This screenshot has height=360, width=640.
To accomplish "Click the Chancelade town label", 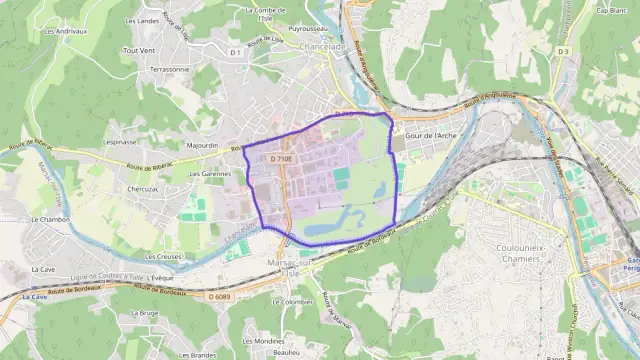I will click(316, 46).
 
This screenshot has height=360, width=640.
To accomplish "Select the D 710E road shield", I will click(282, 159).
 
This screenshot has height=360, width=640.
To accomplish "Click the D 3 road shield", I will click(563, 51).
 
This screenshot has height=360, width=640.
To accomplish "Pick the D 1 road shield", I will click(235, 52).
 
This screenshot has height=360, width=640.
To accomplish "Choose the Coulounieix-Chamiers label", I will click(518, 250).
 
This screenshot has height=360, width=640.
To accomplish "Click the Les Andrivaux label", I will click(64, 31).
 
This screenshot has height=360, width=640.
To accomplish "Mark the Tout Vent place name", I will click(139, 49).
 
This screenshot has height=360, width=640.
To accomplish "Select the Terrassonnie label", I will click(168, 69).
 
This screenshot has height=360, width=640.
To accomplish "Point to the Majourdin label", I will click(203, 145).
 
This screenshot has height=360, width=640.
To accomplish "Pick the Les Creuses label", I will click(162, 256).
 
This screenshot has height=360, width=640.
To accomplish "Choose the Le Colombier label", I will click(297, 301).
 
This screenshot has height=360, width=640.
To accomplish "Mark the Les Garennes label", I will click(210, 173).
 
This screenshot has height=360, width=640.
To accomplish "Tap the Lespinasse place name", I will click(119, 142).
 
